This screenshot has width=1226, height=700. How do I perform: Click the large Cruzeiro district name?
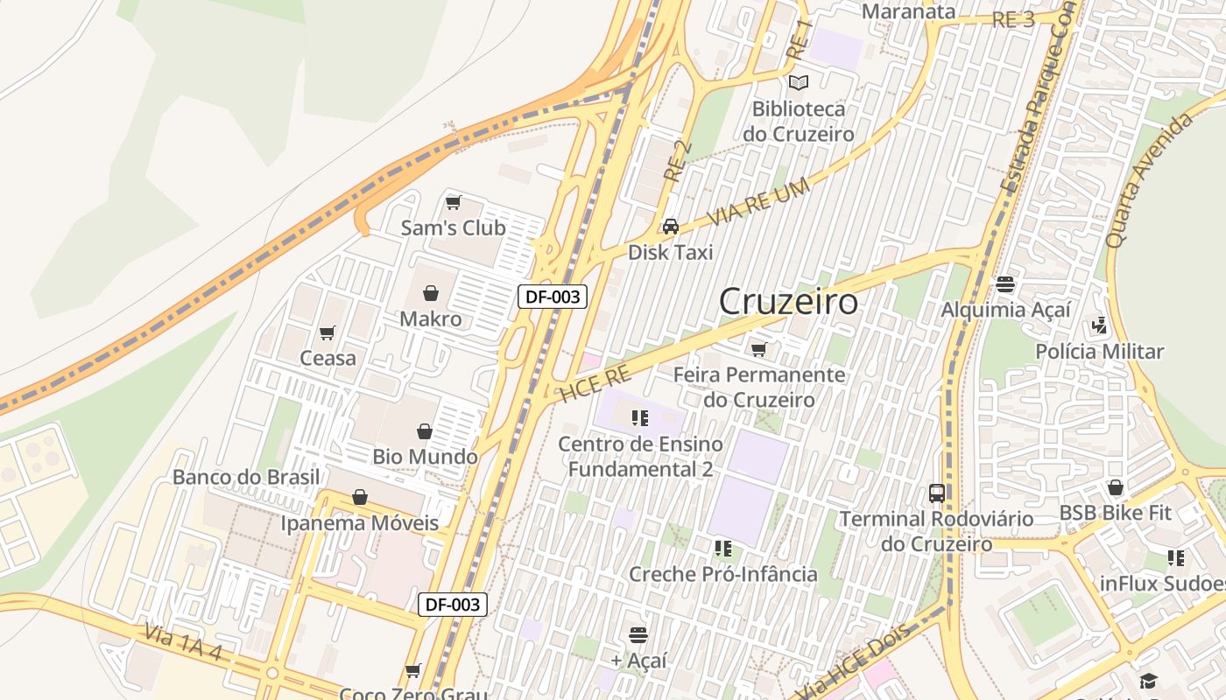pos(788,302)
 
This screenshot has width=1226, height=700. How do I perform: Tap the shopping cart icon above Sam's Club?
pos(453,203)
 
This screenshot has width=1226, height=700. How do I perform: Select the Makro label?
pos(430,318)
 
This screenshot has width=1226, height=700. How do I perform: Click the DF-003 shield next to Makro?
pos(552,297)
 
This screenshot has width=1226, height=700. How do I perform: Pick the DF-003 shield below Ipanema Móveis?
pos(452,604)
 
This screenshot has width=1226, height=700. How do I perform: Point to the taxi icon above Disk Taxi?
pos(671,227)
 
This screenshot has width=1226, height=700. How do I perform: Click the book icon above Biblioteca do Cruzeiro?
pos(798,82)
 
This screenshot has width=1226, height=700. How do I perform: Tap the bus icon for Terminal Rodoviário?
pos(937,493)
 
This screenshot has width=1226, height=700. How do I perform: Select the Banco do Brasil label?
pos(246,477)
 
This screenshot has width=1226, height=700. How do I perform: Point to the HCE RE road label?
pos(595,384)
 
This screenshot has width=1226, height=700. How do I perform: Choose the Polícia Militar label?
pos(1099,352)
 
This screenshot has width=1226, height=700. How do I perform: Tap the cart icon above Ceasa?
pos(328,332)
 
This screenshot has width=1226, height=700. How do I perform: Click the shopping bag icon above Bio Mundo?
pos(425,431)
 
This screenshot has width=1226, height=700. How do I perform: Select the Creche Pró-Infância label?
pos(723,574)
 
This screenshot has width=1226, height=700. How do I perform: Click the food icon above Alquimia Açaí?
pos(1004,284)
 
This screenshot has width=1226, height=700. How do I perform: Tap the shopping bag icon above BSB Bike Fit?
pos(1115,487)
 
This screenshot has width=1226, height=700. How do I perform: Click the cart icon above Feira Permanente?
pos(758,350)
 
